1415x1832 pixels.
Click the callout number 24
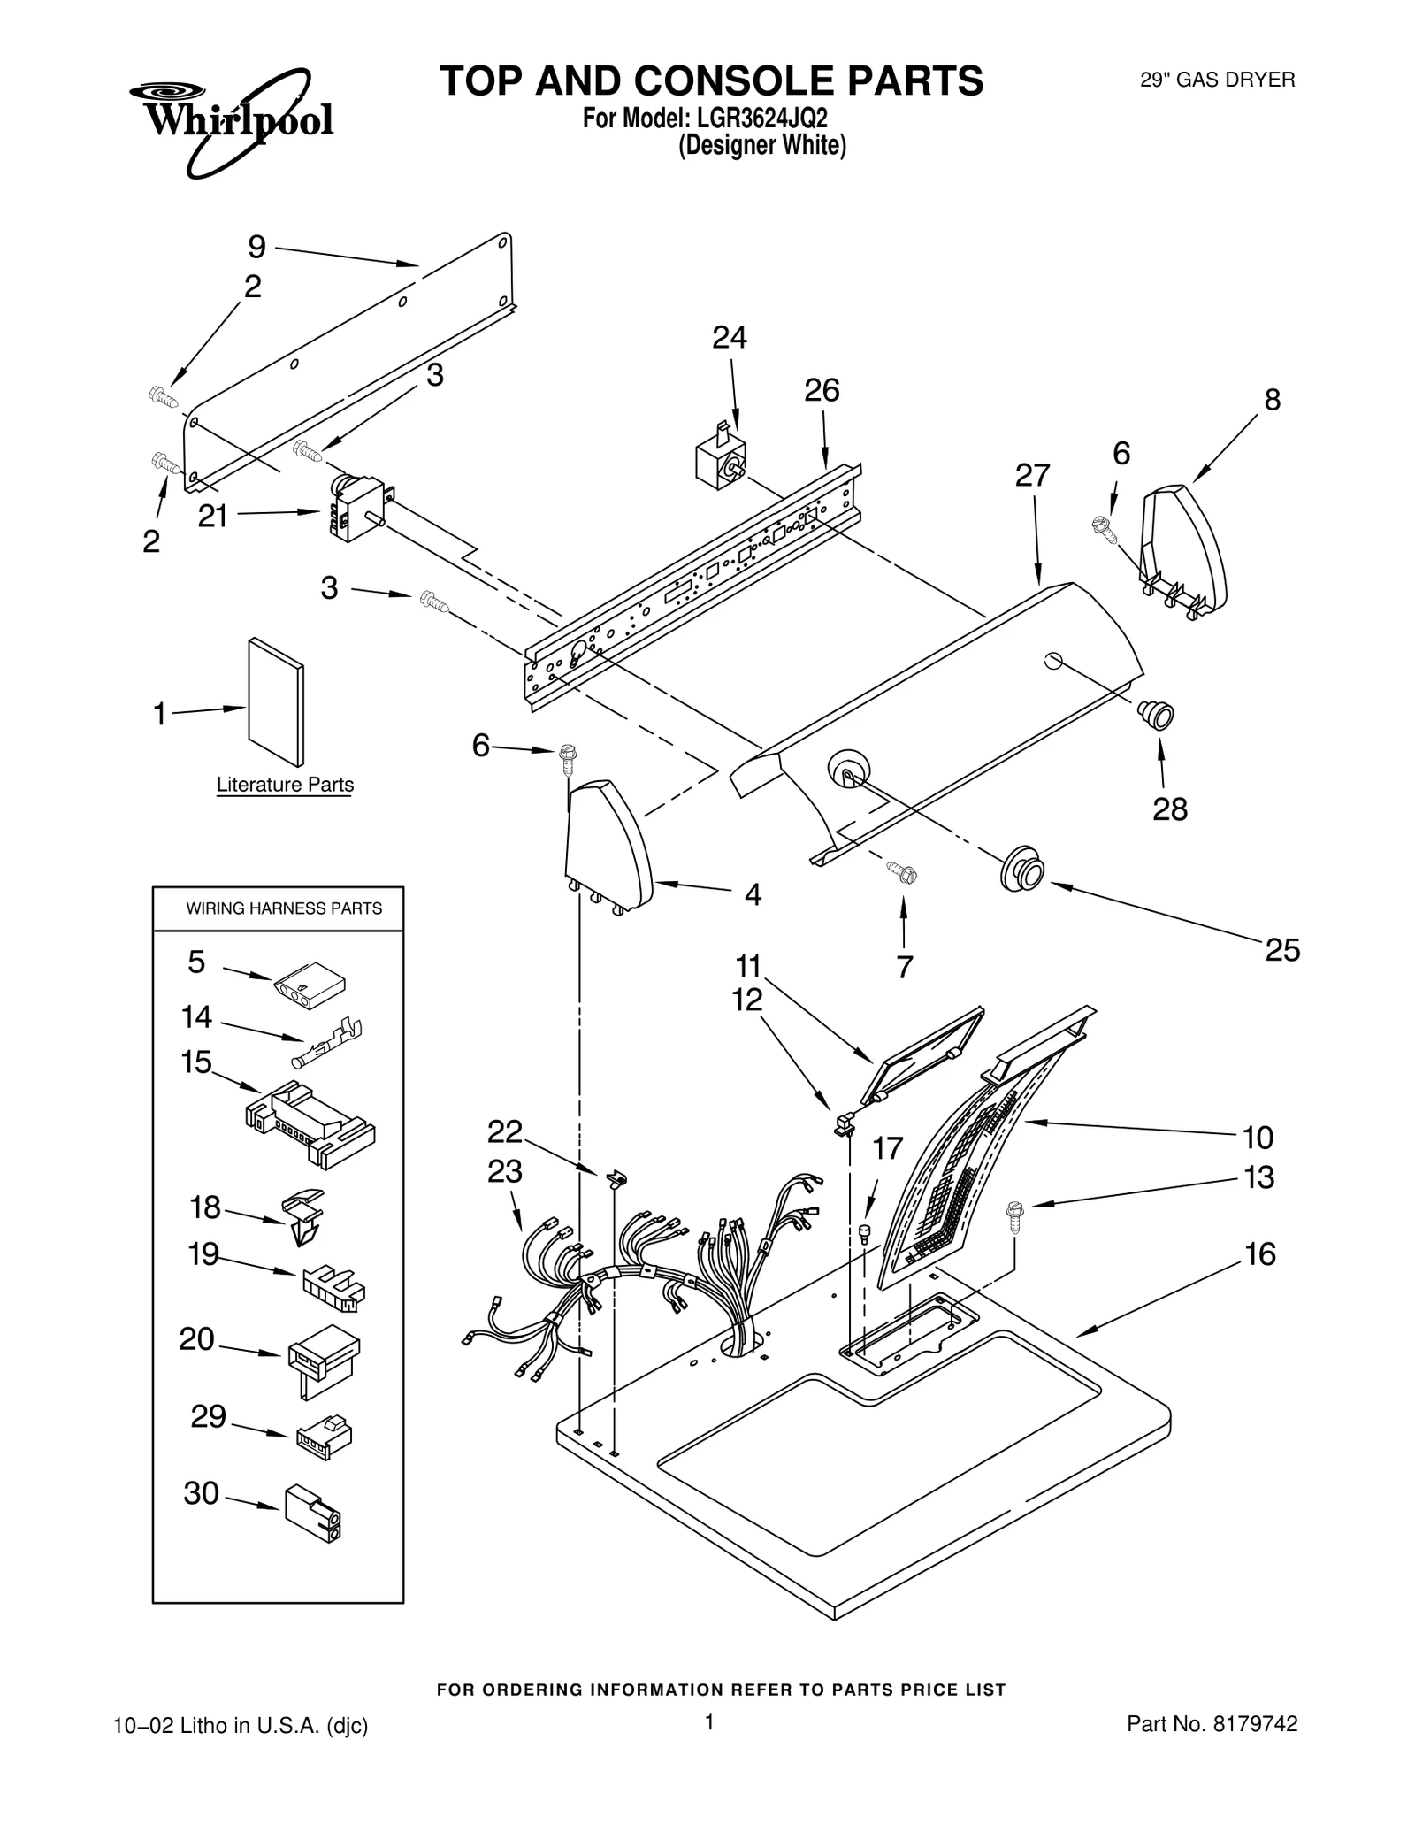click(x=729, y=338)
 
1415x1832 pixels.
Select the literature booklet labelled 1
click(x=276, y=701)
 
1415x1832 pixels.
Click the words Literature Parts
click(x=285, y=785)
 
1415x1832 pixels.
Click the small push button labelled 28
click(x=1156, y=713)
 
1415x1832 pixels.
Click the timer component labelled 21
click(x=356, y=508)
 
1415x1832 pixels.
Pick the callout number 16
click(x=1259, y=1254)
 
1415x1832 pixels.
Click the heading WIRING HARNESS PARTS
click(x=284, y=908)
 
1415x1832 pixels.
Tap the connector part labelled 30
click(x=312, y=1513)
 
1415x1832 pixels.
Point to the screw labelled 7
click(x=903, y=873)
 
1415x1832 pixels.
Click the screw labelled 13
click(x=1014, y=1215)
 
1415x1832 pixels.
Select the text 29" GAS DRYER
click(x=1217, y=80)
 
